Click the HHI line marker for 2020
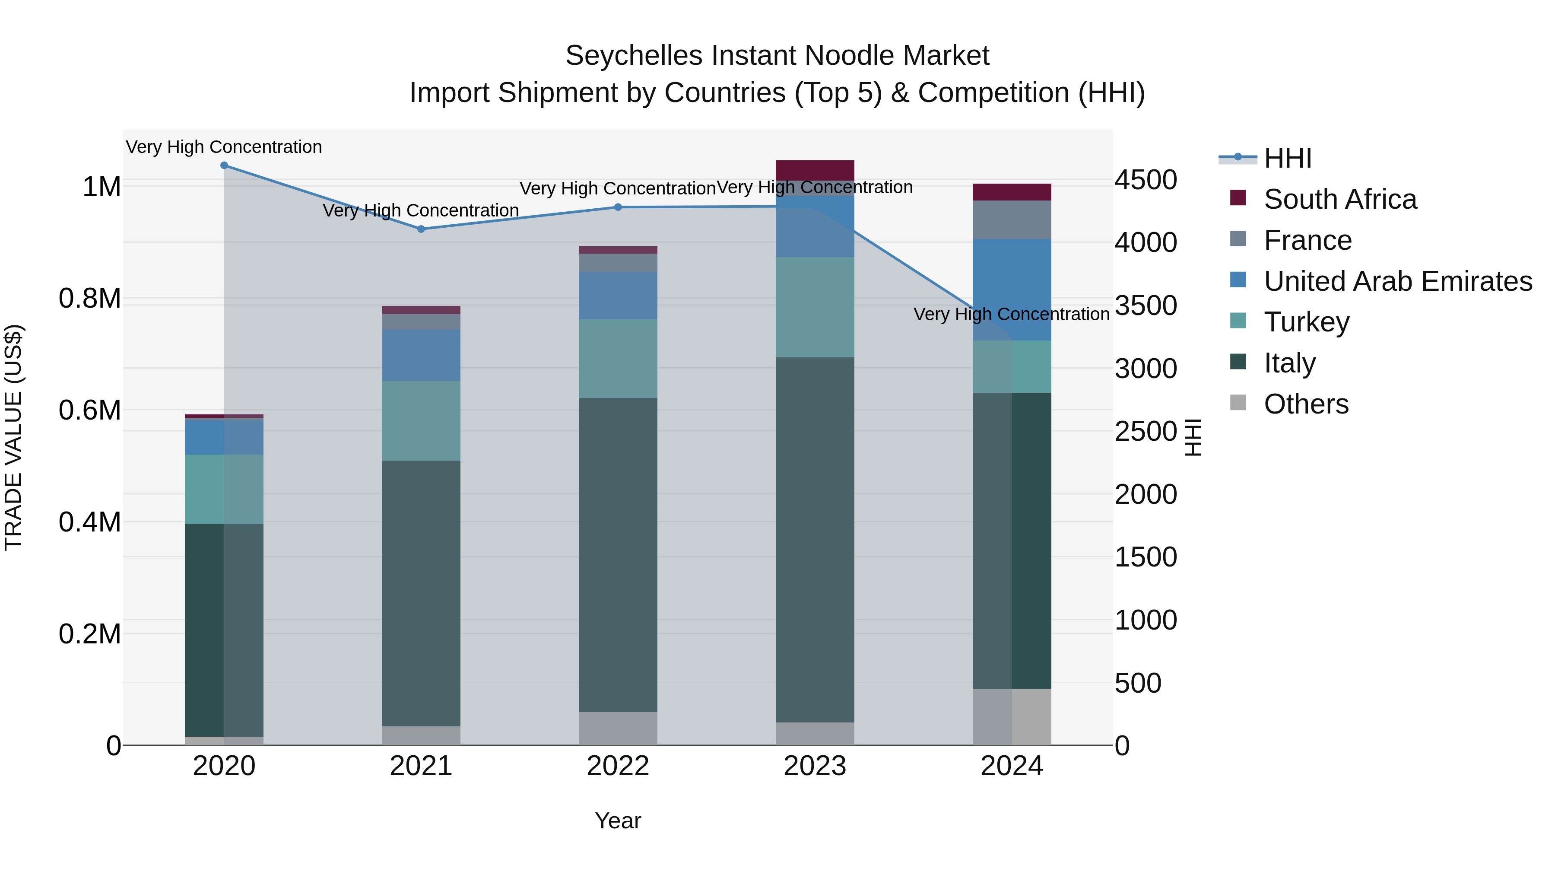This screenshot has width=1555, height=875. (224, 165)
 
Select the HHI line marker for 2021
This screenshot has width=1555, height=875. (421, 229)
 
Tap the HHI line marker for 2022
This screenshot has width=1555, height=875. (618, 207)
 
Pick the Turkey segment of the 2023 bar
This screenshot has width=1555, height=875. (815, 307)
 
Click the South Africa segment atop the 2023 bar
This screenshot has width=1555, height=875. (815, 170)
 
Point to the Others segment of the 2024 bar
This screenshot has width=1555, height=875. (1012, 717)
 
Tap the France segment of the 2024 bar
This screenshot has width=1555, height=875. (1012, 220)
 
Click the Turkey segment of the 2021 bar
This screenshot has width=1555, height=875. (421, 420)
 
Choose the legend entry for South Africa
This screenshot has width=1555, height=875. (1340, 199)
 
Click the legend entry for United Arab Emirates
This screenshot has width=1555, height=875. (1397, 281)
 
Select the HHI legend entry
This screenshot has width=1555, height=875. (1287, 158)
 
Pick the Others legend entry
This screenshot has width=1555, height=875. (1306, 404)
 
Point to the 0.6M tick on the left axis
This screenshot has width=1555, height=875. (90, 410)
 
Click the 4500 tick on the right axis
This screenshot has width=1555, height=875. (1145, 180)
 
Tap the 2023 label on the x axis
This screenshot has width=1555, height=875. (815, 766)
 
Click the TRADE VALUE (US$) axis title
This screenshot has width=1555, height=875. (13, 437)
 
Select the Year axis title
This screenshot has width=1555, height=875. (618, 821)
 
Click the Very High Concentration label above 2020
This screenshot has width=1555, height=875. (224, 147)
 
